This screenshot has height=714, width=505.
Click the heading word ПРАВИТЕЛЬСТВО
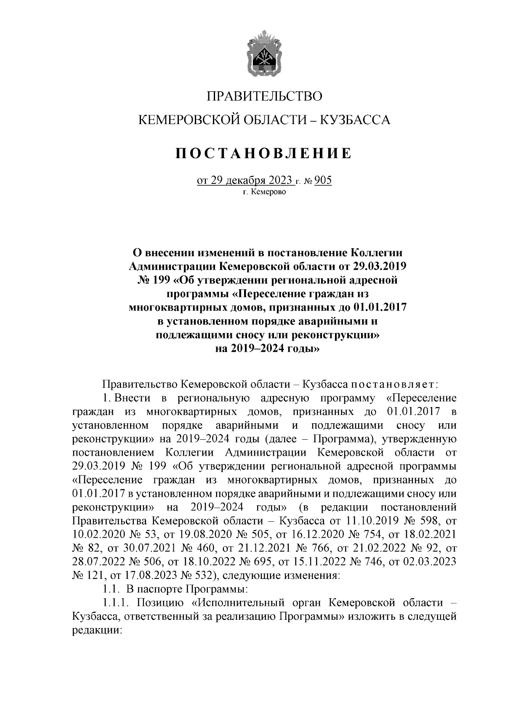264,96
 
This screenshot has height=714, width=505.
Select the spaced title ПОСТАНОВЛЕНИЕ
264,153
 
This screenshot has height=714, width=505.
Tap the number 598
430,521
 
